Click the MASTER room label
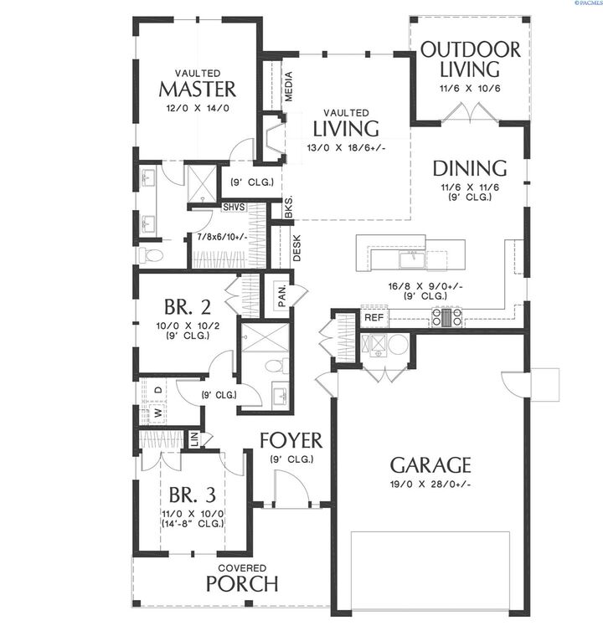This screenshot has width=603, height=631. [197, 89]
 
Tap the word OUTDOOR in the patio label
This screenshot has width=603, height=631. [470, 49]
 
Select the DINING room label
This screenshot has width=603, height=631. [470, 168]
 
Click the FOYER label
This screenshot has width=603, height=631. [291, 440]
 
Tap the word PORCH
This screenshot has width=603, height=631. [242, 582]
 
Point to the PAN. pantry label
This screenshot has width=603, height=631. [282, 295]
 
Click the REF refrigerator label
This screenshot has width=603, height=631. [374, 318]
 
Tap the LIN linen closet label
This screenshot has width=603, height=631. [194, 439]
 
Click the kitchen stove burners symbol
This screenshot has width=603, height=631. [446, 316]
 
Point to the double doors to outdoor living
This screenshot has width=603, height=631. [465, 113]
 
